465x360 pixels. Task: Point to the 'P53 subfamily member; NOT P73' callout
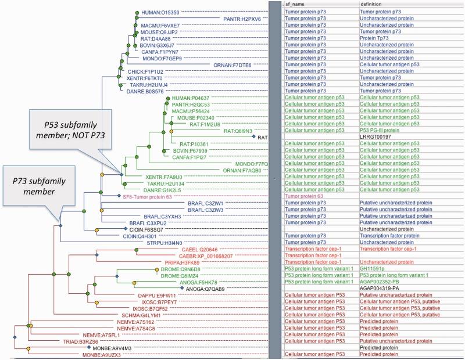click(65, 134)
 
